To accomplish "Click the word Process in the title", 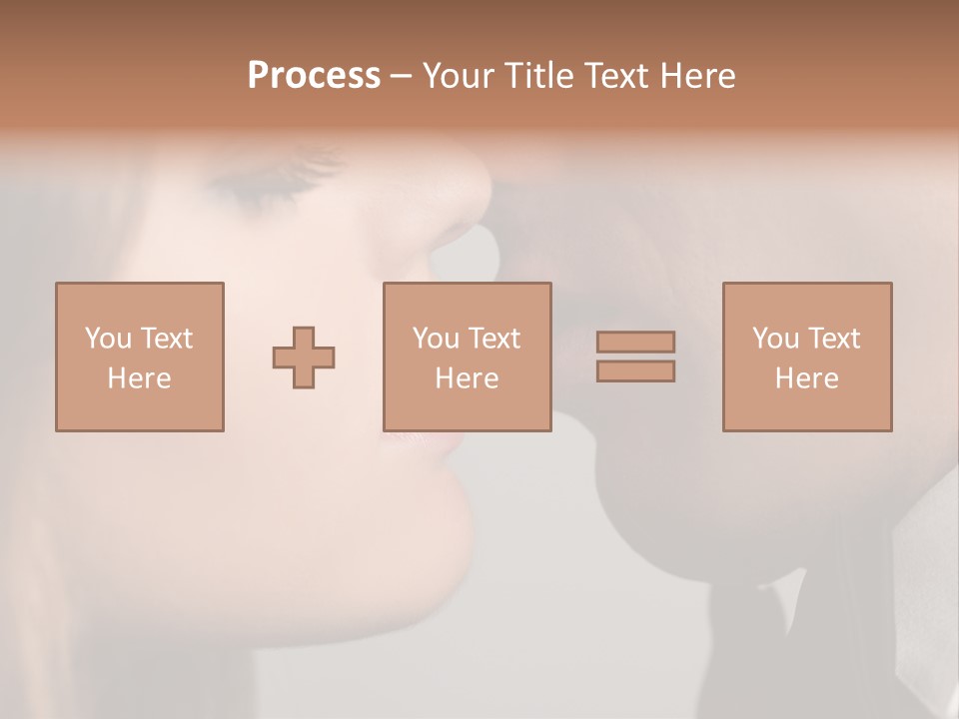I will [314, 76].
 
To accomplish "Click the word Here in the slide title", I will [698, 76].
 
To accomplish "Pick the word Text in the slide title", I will [618, 76].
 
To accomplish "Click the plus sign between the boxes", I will [304, 358].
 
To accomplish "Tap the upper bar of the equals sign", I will [635, 342].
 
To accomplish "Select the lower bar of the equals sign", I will [635, 371].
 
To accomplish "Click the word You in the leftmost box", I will [108, 339].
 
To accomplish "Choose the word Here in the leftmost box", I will [139, 378].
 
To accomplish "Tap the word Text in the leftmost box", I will [165, 339].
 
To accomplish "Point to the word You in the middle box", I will [436, 339].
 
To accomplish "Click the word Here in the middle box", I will [467, 378].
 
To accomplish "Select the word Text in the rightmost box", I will [832, 339].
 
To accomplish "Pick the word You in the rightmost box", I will [775, 339].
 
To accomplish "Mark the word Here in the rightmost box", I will [806, 378].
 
